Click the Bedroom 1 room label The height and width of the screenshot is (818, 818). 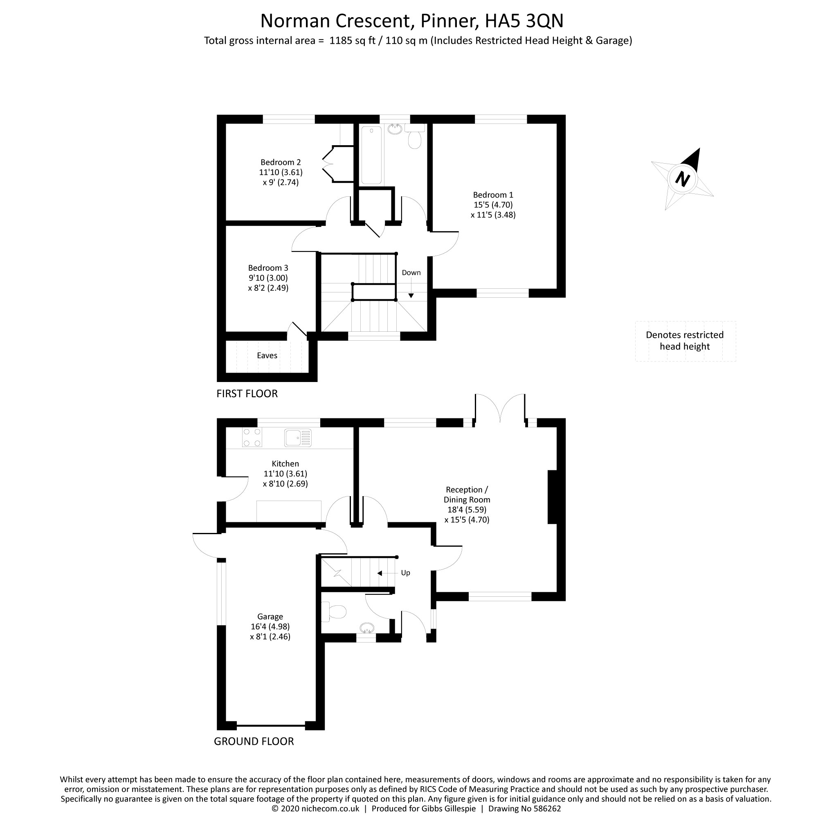493,195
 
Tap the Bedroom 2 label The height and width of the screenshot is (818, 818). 281,162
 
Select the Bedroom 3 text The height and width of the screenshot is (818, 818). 268,268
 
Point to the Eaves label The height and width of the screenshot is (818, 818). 267,356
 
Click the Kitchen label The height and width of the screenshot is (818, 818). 285,464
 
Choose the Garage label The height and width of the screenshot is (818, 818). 270,617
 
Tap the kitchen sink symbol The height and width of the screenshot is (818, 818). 298,438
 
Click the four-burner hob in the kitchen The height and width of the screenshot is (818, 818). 252,437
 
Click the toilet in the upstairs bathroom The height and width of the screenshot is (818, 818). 414,136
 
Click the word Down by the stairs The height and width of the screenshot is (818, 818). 411,273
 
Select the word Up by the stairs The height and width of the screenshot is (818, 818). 406,573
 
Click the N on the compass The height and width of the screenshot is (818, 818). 682,178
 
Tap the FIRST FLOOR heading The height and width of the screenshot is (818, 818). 247,394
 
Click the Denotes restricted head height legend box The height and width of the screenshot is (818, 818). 685,341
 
